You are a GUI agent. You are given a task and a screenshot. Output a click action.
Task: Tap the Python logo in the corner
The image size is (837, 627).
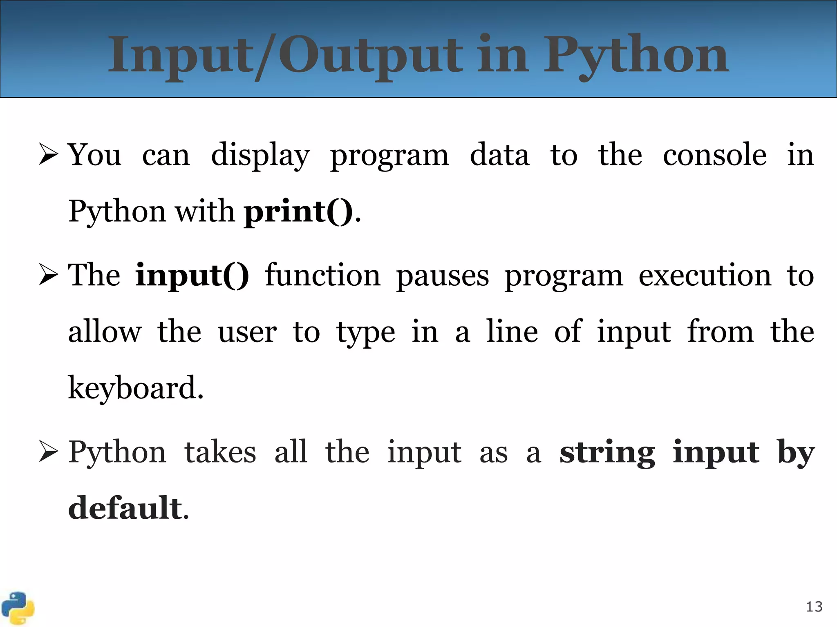coord(18,608)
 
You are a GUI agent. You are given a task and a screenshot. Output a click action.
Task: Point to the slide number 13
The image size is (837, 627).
coord(814,607)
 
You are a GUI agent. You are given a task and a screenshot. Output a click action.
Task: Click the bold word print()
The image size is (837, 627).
coord(298,211)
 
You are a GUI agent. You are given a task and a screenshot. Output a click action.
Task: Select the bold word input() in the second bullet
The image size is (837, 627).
coord(192,275)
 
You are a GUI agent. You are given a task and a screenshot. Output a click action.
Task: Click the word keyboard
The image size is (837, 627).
coord(135,387)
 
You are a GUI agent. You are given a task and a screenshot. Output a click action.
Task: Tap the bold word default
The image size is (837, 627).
coord(125,508)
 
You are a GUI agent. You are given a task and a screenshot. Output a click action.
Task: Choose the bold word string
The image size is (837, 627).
coord(607,452)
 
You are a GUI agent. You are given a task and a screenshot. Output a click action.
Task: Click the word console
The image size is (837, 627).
coord(714,155)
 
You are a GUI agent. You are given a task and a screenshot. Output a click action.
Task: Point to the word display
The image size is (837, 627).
coord(260,155)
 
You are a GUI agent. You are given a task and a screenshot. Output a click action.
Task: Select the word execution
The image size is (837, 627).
coord(705,275)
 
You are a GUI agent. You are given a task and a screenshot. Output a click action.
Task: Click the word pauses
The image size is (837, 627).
coord(442,276)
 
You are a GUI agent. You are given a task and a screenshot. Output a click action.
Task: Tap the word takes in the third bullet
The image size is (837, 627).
coord(220,452)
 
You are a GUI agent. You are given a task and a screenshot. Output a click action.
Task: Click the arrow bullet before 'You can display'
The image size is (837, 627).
coord(48,155)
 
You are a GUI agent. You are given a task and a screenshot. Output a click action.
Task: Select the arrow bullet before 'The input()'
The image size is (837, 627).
coord(48,275)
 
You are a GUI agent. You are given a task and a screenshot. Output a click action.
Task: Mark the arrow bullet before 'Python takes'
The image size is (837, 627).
coord(48,452)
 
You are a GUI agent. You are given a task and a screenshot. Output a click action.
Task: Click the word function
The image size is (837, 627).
coord(322,275)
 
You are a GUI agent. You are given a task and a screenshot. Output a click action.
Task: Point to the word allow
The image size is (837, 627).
coord(105,331)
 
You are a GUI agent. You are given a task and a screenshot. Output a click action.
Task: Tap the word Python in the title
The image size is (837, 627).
coord(636,55)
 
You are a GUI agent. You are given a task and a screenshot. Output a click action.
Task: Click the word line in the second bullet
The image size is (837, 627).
coord(512,331)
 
